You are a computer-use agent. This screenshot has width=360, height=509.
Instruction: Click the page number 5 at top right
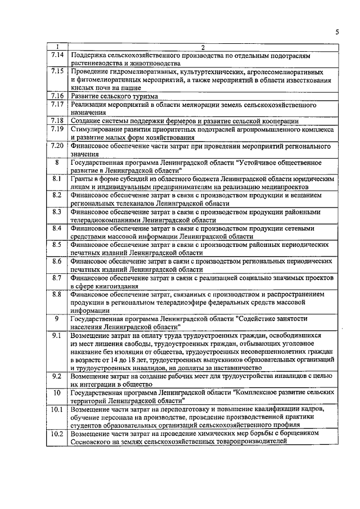(337, 32)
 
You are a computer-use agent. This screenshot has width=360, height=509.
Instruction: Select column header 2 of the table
(203, 47)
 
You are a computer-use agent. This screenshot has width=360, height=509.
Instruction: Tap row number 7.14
(56, 55)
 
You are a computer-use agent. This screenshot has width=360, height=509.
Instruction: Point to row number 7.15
(56, 71)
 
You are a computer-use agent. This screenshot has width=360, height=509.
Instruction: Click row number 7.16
(56, 96)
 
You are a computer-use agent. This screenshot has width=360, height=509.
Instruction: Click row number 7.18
(56, 120)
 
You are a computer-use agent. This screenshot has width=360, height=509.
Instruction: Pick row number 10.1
(56, 409)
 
